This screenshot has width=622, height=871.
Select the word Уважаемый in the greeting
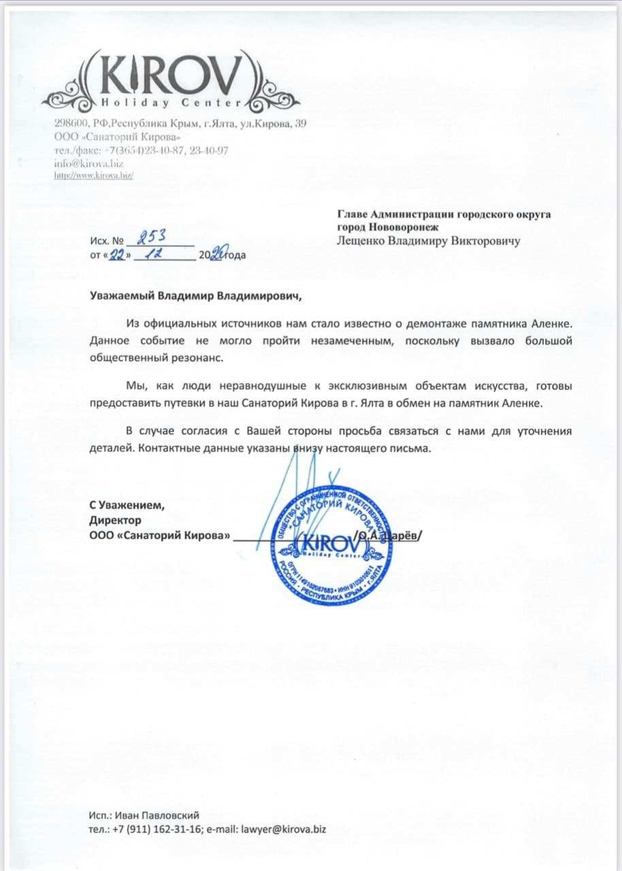[122, 297]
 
